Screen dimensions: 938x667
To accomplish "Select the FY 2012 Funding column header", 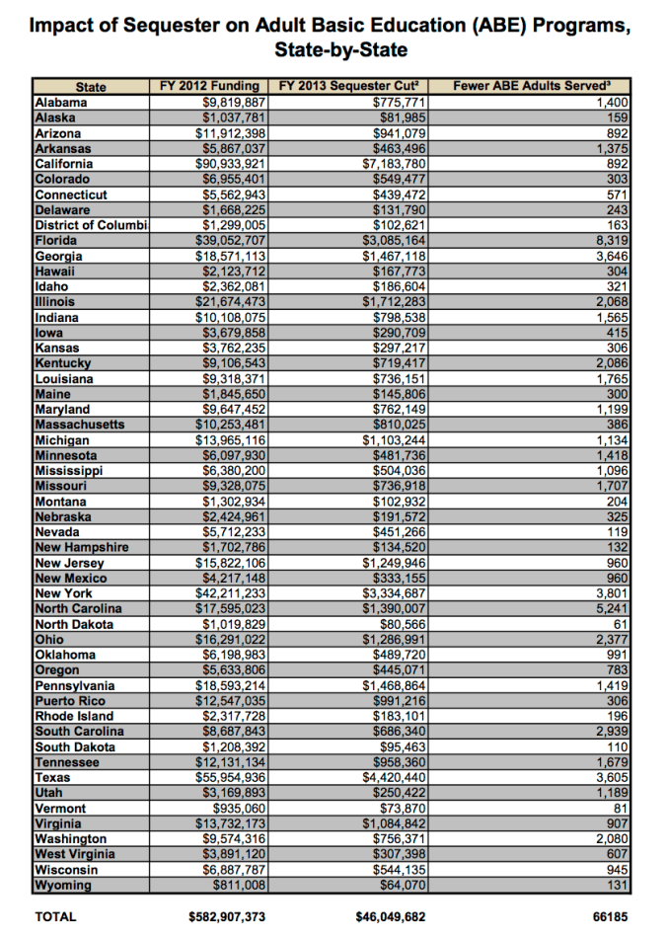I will (x=209, y=87).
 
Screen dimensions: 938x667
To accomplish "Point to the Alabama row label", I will (x=61, y=102).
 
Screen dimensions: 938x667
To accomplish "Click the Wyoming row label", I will (x=62, y=886).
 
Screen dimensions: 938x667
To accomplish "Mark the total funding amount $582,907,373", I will (x=227, y=917).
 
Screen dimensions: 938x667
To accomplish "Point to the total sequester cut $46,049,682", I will (x=391, y=917).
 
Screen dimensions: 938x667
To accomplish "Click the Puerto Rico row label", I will (x=66, y=701).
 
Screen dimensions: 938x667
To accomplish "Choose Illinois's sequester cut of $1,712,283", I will (x=394, y=302).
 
